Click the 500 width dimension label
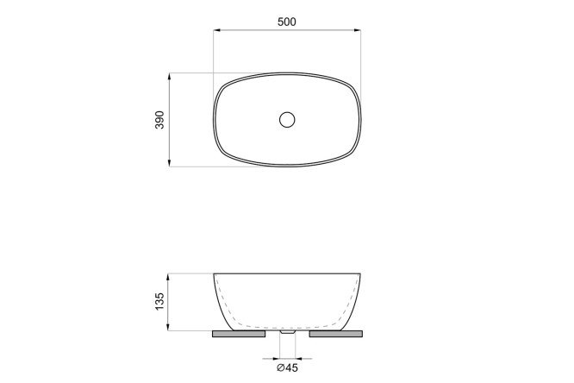click(287, 22)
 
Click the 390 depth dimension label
click(160, 120)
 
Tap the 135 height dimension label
click(160, 302)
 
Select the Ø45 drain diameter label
click(287, 367)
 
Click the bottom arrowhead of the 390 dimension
click(169, 162)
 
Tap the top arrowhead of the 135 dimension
click(168, 278)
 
